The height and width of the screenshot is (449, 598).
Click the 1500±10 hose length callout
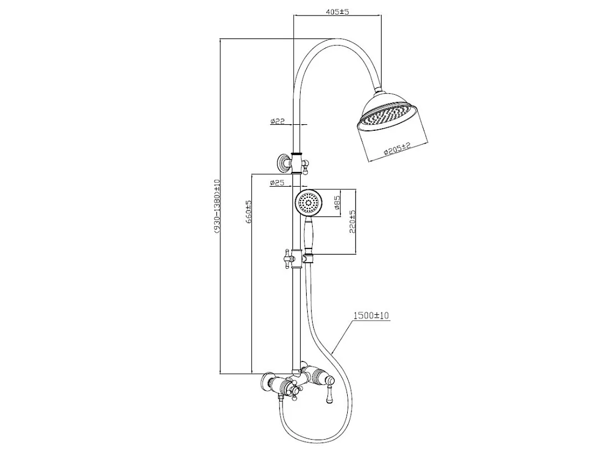point(372,316)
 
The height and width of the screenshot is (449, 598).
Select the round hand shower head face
point(308,203)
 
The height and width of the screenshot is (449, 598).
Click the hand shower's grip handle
point(309,236)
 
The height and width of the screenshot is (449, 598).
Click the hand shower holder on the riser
point(308,258)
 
